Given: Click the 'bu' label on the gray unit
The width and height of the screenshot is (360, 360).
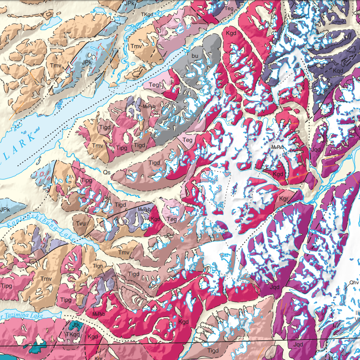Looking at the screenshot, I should tap(195, 56).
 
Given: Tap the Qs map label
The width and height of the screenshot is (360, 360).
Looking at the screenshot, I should tap(106, 173).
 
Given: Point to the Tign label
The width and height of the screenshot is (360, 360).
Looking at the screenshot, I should tap(97, 266).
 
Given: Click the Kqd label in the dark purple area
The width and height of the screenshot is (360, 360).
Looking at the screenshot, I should tap(338, 71).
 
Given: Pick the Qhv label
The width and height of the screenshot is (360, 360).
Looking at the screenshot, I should tap(354, 282).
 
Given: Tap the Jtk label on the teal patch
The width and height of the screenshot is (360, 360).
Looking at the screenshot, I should tap(75, 325).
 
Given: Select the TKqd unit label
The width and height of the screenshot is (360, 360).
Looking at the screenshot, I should tap(73, 334).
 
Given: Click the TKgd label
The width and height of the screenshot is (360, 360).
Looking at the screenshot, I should tap(147, 14).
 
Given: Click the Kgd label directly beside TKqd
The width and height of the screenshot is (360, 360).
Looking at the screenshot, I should tap(92, 336).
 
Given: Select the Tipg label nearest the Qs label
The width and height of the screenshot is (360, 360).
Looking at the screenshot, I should tap(87, 180).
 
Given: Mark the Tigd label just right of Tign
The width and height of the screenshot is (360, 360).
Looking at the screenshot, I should tap(133, 274).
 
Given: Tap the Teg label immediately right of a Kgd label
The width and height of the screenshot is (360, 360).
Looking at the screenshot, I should tap(172, 219).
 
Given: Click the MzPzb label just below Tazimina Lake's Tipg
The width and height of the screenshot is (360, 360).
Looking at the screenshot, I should tap(98, 314).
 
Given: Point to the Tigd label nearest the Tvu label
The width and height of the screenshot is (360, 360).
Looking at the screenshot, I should tap(120, 205).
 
